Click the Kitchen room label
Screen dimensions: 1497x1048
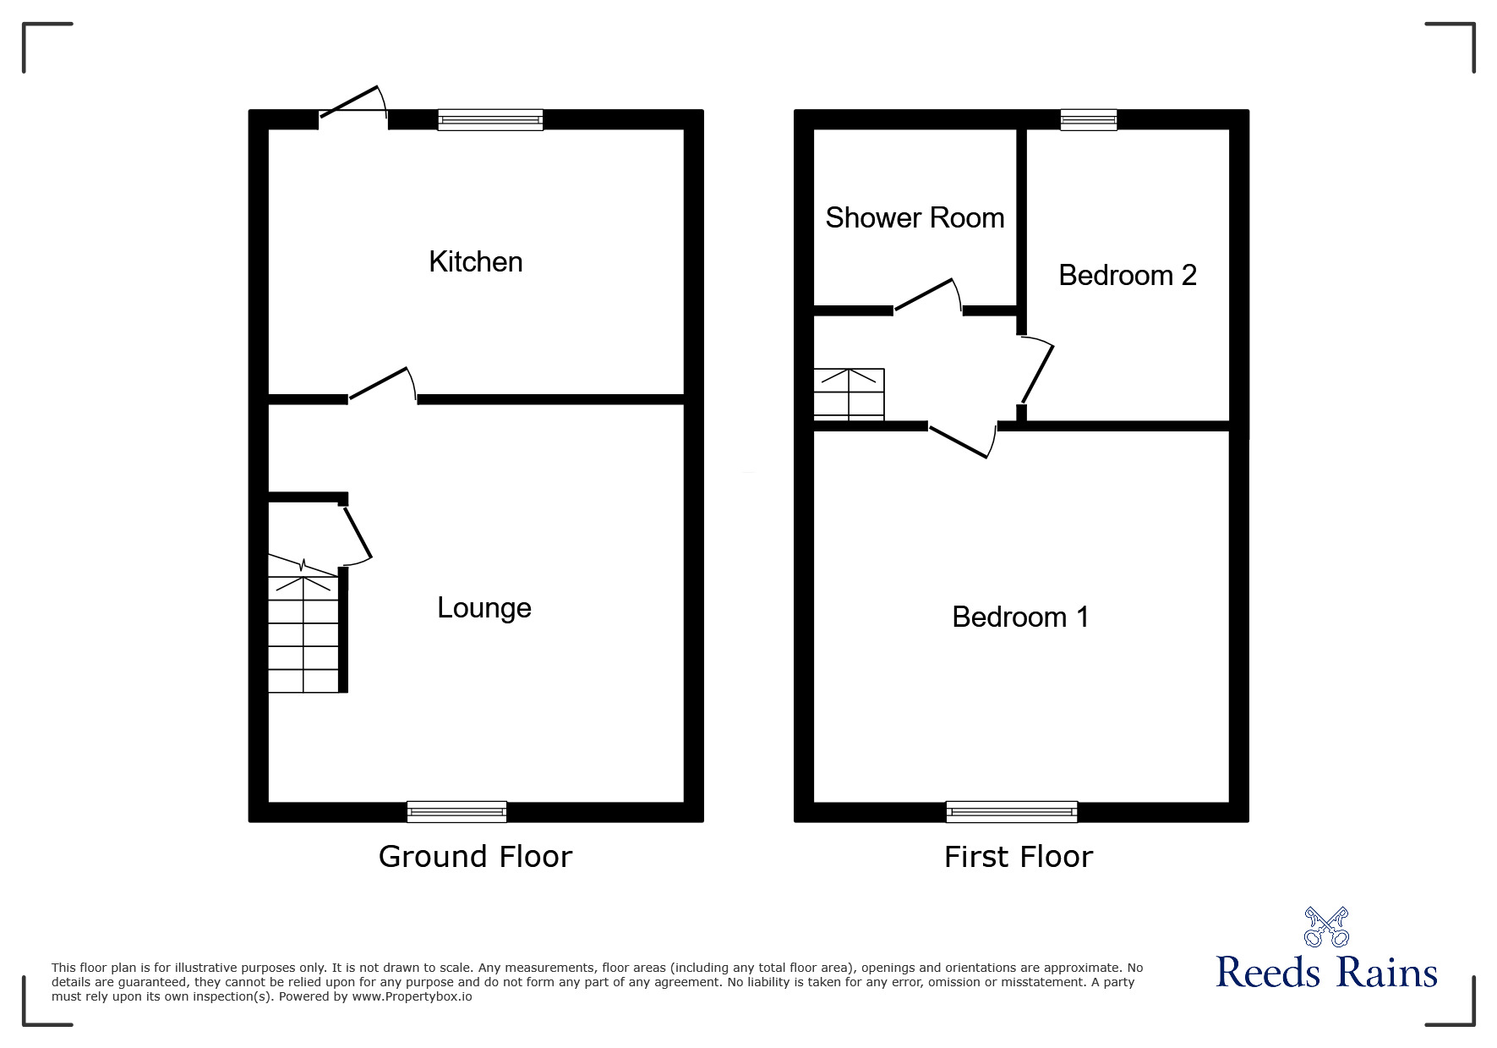coord(476,261)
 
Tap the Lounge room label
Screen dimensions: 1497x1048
coord(484,608)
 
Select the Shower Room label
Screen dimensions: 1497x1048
coord(915,217)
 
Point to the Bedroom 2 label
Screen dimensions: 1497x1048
coord(1128,275)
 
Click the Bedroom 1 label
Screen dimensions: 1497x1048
coord(1020,617)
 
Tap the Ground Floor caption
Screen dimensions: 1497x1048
coord(475,857)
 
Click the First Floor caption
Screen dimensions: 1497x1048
coord(1019,857)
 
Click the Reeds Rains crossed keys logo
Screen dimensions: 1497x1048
coord(1326,927)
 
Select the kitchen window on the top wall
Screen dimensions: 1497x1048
coord(490,120)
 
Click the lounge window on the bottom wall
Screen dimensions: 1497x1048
coord(456,812)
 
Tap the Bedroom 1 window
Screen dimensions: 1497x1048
coord(1012,812)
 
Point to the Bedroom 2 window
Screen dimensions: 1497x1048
coord(1089,120)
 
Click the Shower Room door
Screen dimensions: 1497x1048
coord(928,297)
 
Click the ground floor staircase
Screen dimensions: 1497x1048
coord(303,623)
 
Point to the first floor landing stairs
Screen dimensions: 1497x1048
coord(849,394)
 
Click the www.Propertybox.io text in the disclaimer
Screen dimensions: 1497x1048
coord(412,996)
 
